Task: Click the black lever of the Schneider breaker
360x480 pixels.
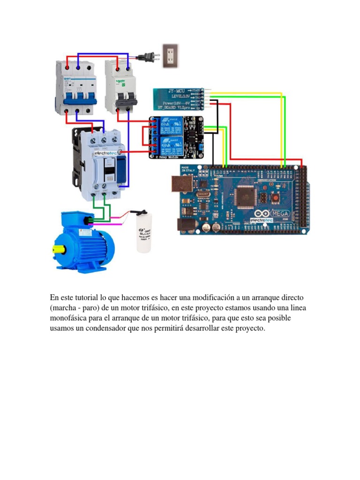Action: tap(126, 98)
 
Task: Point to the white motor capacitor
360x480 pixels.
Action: tap(144, 232)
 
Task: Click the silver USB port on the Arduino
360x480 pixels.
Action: tap(179, 185)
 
